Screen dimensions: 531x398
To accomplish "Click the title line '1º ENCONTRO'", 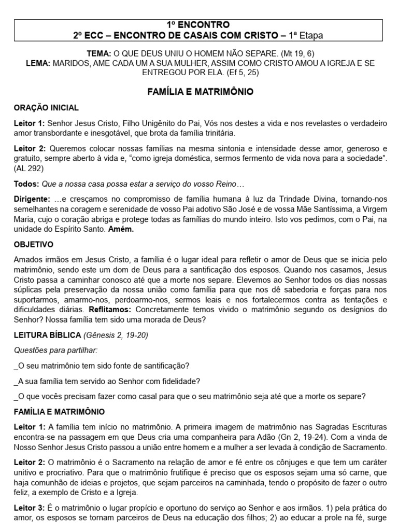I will (x=198, y=25).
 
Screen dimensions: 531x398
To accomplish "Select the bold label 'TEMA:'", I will (x=101, y=53).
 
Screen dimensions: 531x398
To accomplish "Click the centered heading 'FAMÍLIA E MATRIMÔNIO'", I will (x=199, y=92).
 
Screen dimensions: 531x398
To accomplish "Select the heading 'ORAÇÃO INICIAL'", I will (x=46, y=108).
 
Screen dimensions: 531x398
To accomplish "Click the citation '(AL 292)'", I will (x=29, y=168).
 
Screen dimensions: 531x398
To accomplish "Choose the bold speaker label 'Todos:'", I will (x=26, y=184).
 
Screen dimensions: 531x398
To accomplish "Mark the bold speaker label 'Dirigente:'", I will (x=32, y=199).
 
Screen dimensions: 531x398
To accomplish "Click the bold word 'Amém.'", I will (x=121, y=229).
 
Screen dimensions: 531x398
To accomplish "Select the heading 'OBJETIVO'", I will (x=33, y=244).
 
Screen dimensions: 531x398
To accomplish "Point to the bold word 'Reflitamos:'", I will (x=124, y=310).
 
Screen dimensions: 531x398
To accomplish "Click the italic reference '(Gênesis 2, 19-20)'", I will (x=116, y=335).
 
